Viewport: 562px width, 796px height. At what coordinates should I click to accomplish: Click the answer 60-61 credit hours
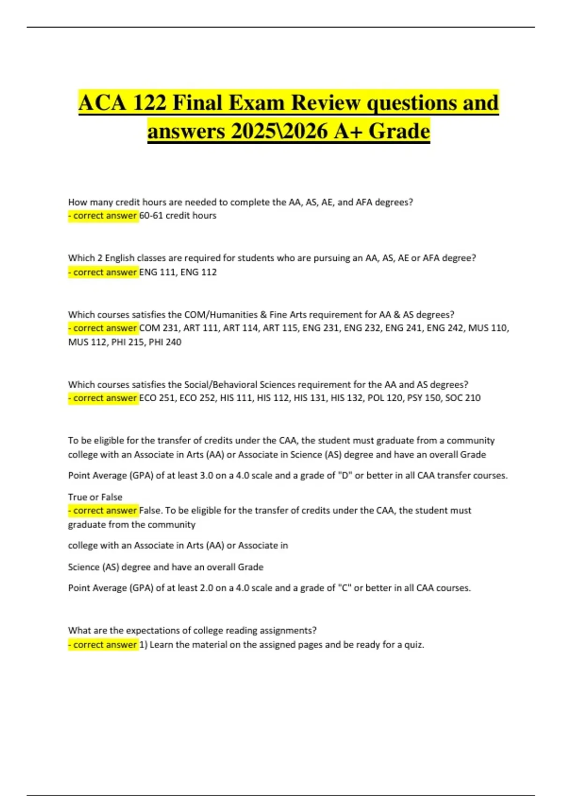178,215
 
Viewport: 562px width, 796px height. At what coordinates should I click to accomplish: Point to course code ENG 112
199,272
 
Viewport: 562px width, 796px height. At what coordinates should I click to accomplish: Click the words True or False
95,497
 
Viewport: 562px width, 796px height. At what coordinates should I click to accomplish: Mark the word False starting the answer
150,510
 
